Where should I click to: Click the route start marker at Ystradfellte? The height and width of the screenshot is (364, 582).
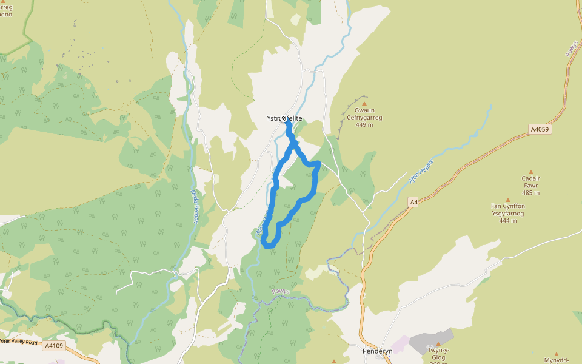284,118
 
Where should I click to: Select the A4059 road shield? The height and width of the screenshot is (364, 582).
540,129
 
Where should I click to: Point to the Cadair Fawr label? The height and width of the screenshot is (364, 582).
530,182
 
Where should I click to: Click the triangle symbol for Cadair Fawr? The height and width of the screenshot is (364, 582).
531,172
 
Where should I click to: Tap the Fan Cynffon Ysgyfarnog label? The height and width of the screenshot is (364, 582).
508,210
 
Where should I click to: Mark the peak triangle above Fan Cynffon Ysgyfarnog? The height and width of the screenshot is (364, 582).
508,200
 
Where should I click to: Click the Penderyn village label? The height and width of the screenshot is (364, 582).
378,351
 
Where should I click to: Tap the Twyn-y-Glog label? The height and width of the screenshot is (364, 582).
437,354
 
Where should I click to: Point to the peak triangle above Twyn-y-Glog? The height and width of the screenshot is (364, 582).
438,344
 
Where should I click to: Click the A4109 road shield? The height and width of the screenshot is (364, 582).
53,346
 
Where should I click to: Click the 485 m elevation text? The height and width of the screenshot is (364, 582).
530,193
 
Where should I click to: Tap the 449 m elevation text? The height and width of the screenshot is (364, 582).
364,125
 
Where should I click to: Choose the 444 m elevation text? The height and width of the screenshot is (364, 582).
508,221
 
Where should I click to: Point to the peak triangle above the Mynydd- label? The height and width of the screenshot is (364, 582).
557,353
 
